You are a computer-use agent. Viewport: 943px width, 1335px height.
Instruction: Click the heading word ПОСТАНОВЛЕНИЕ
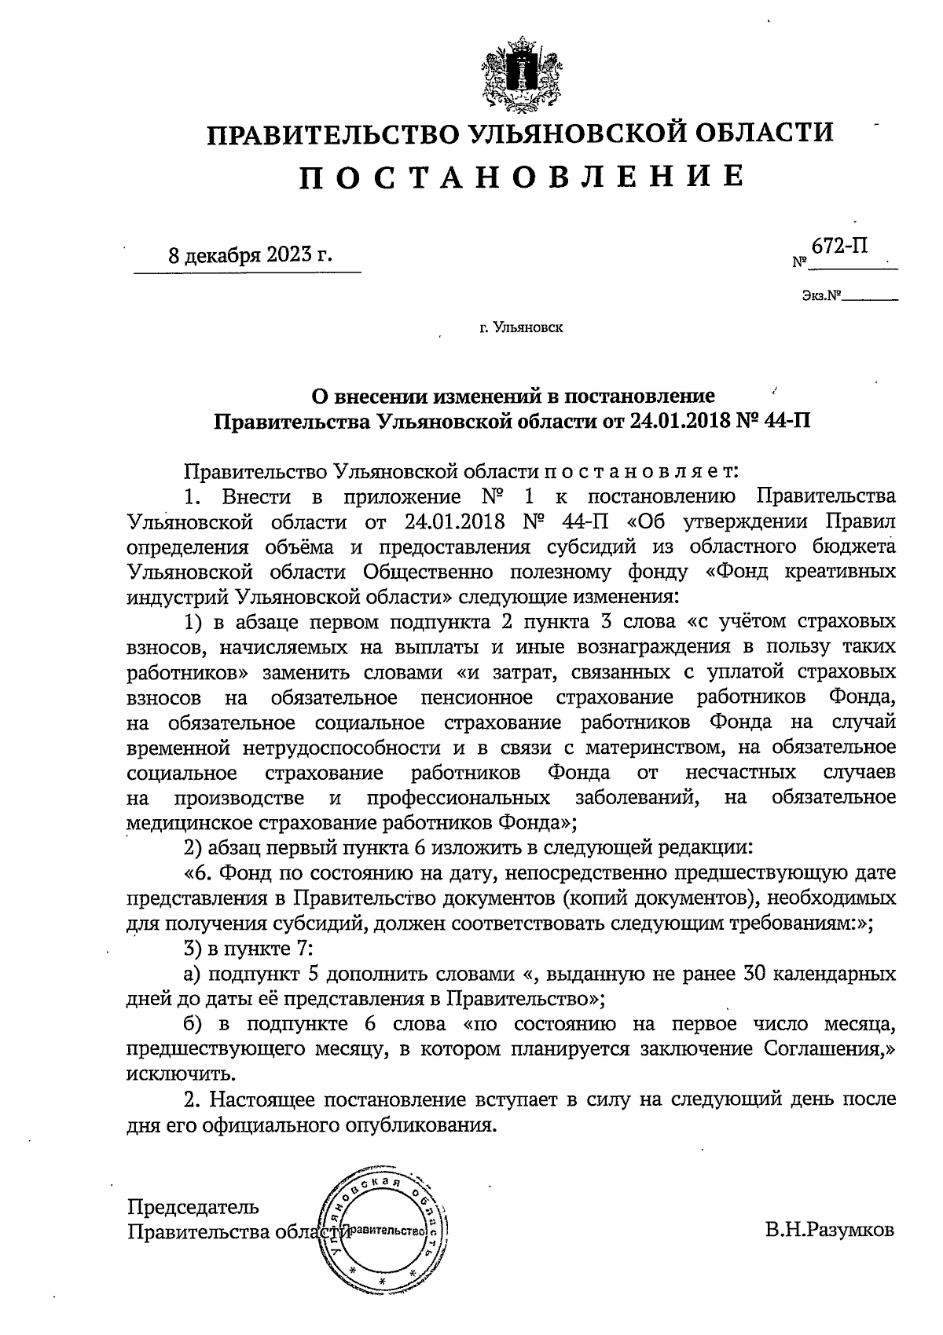click(520, 177)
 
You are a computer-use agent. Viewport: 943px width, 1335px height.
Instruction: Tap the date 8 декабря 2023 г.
click(250, 256)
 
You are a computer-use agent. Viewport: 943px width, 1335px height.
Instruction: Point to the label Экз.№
click(820, 297)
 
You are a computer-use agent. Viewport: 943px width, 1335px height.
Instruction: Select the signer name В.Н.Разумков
click(830, 1231)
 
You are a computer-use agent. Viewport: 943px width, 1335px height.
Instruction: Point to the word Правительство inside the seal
click(384, 1230)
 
